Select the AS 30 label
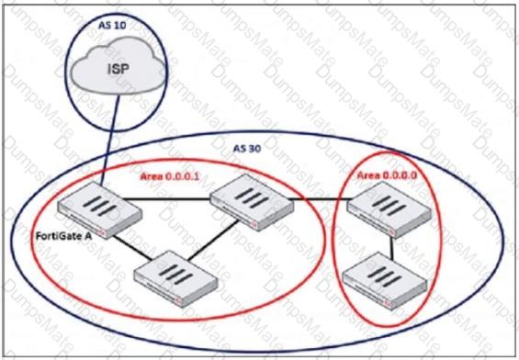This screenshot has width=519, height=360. [x=249, y=149]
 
